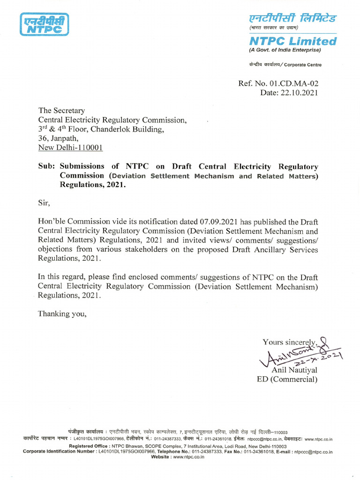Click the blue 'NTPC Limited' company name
point(292,41)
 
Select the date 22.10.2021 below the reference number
point(300,93)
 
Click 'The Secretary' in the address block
point(61,111)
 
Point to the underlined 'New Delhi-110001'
point(71,148)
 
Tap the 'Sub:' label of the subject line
point(47,166)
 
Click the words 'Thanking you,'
point(62,314)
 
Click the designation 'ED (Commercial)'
point(287,379)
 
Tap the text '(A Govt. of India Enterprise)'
point(285,50)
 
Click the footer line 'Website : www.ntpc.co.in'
point(178,456)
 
